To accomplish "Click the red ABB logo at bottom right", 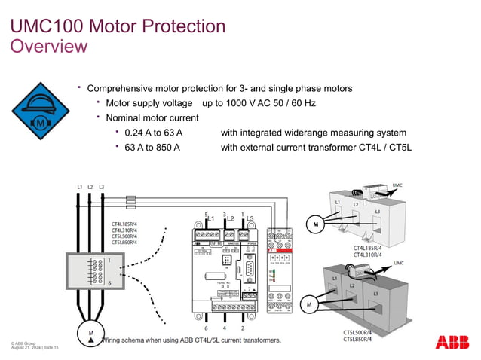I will [452, 343].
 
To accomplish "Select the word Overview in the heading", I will [48, 47].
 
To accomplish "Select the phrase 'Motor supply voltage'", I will [152, 103].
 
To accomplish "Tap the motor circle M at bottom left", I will [90, 334].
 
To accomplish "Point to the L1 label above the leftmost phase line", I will [80, 187].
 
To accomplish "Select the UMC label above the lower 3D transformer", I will [399, 263].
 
